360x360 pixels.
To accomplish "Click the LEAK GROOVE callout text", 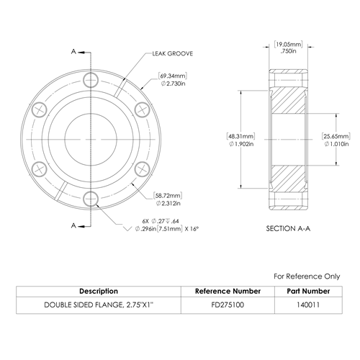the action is point(173,53).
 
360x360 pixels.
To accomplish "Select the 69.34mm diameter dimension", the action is point(173,80).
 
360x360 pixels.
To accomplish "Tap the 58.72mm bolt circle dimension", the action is point(168,199).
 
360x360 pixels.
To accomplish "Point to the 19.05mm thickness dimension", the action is point(288,48).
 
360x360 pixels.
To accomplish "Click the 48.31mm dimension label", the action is point(240,140).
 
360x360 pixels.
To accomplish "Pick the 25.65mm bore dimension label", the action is point(336,140).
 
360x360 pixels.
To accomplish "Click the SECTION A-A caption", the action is point(288,228).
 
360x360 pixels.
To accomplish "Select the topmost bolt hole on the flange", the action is point(91,80).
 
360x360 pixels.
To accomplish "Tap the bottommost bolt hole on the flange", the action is point(91,199).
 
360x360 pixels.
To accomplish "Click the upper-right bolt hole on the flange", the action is point(143,109).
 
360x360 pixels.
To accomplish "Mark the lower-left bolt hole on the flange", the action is point(39,169).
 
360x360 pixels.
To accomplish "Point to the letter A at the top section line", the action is point(73,51).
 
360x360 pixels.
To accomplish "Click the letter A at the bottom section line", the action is point(73,225).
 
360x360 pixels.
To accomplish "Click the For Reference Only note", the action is point(307,276).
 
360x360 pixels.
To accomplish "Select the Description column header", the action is point(99,291).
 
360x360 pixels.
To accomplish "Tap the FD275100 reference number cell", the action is point(228,305).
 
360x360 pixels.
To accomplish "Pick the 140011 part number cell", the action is point(308,305).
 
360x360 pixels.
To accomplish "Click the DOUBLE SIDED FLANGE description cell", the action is point(99,305).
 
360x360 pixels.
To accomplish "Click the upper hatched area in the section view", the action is point(288,101).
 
